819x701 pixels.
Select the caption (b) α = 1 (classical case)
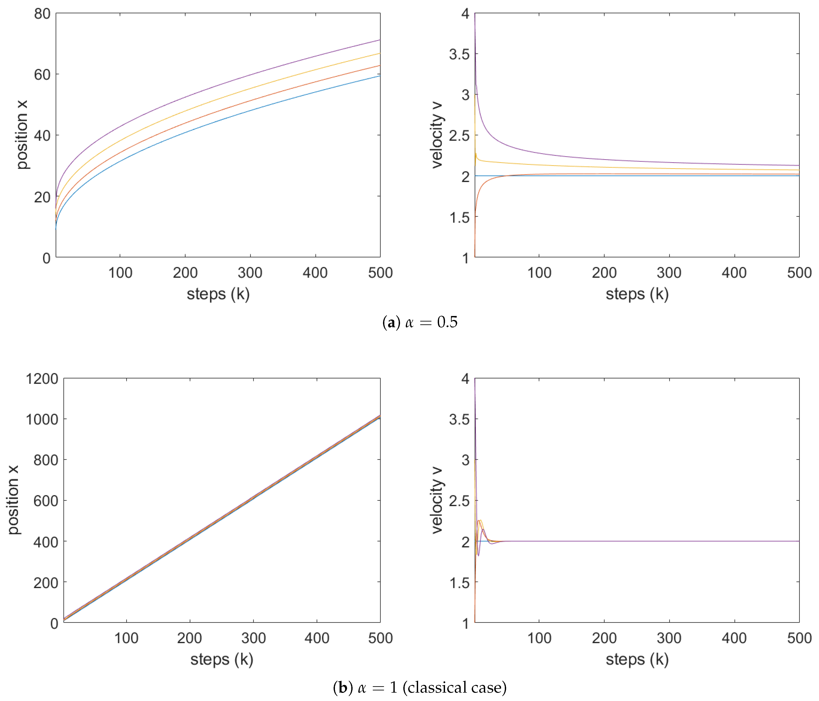click(x=420, y=688)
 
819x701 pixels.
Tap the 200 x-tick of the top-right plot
click(x=604, y=273)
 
